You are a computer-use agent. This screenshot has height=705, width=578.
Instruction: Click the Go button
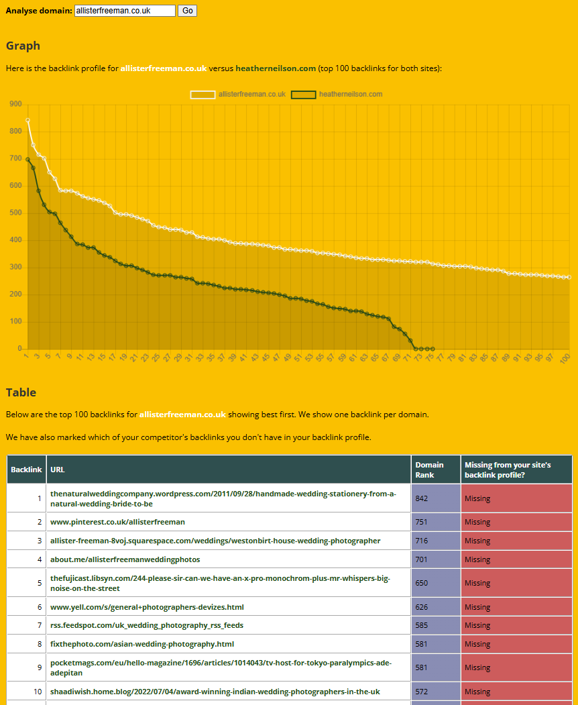click(187, 11)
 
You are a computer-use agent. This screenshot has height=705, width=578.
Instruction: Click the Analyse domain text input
click(125, 11)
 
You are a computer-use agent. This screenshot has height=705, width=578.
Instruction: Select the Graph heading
click(23, 46)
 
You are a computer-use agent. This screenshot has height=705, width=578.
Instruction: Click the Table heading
click(21, 392)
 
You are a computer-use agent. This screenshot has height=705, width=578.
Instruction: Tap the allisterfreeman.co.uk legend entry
click(238, 95)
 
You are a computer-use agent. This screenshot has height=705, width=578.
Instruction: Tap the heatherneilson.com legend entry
click(337, 95)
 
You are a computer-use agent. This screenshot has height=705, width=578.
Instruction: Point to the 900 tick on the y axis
click(15, 104)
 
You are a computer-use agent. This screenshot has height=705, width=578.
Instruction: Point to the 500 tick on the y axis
click(15, 213)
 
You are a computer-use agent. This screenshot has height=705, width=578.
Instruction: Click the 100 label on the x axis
click(565, 358)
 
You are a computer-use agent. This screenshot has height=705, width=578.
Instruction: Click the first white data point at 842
click(27, 120)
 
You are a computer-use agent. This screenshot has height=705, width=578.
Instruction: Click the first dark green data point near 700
click(27, 159)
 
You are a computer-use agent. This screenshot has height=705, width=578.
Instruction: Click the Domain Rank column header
click(429, 470)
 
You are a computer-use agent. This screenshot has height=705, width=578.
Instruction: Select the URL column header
click(58, 470)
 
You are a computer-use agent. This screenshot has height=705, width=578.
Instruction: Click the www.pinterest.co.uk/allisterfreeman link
click(117, 522)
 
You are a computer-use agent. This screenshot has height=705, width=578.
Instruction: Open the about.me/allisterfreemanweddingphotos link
click(125, 559)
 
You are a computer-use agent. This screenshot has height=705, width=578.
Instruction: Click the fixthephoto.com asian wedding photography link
click(142, 644)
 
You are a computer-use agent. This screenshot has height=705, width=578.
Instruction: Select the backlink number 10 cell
click(27, 692)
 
